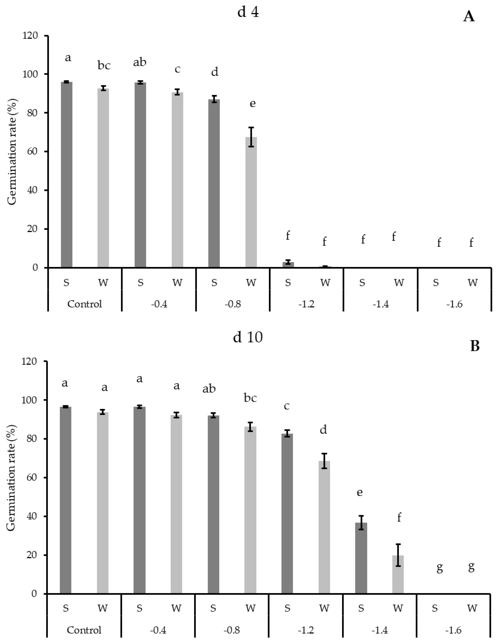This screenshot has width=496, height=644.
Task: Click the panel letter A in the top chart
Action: click(x=469, y=17)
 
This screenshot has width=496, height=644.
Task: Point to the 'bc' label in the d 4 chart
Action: click(x=104, y=66)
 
